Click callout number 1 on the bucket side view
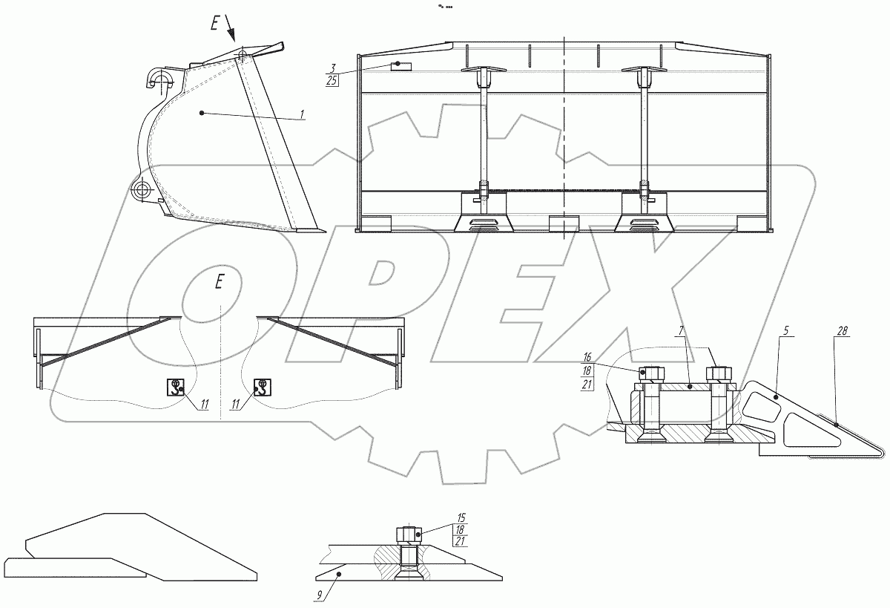(x=302, y=114)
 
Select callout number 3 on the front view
(x=333, y=69)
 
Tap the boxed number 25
(x=332, y=81)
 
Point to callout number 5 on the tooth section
(x=786, y=331)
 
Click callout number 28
(x=842, y=331)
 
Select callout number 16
(x=587, y=356)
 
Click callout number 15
(x=461, y=517)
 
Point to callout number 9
(x=319, y=595)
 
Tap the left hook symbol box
(x=175, y=387)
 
